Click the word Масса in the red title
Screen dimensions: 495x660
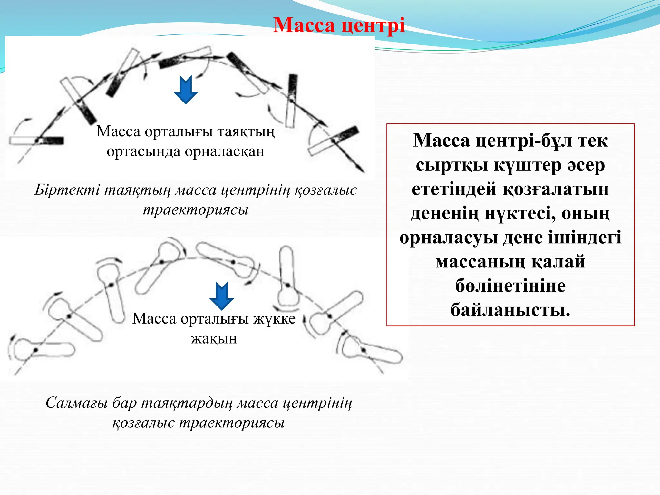pyautogui.click(x=304, y=25)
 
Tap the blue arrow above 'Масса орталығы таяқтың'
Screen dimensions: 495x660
pyautogui.click(x=185, y=90)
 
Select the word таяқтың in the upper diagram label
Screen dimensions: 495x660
pyautogui.click(x=246, y=131)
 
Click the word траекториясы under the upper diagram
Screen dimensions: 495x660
pyautogui.click(x=196, y=210)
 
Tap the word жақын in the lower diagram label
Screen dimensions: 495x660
pyautogui.click(x=214, y=339)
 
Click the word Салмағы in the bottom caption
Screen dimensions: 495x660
pyautogui.click(x=76, y=403)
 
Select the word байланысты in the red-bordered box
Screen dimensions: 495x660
pyautogui.click(x=510, y=310)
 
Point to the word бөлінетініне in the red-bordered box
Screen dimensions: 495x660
pyautogui.click(x=510, y=286)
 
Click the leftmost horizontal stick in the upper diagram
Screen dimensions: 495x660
pyautogui.click(x=36, y=141)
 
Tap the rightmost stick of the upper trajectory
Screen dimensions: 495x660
pyautogui.click(x=334, y=140)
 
